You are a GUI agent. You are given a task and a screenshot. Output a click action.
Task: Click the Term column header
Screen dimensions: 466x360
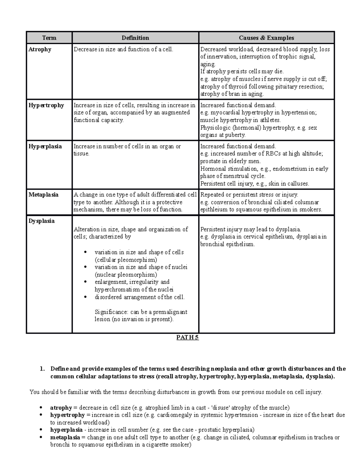click(x=49, y=38)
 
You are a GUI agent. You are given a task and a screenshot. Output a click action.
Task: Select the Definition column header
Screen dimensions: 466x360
click(x=135, y=38)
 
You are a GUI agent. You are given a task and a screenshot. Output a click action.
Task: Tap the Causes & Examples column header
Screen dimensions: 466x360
click(x=266, y=38)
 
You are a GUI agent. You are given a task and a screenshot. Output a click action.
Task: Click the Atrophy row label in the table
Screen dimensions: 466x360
click(x=40, y=49)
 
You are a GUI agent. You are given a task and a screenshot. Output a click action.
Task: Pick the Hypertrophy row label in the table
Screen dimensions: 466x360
click(x=46, y=105)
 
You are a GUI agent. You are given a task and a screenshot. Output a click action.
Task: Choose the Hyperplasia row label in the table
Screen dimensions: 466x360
click(x=45, y=146)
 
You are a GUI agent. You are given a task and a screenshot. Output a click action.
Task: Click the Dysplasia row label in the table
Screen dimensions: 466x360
click(x=41, y=221)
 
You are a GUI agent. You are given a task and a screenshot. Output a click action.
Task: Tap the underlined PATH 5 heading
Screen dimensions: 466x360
click(x=187, y=338)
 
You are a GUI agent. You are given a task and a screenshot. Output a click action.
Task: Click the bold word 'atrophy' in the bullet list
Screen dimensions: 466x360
click(x=61, y=408)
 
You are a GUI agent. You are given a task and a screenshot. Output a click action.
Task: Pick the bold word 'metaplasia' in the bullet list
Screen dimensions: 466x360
click(x=65, y=437)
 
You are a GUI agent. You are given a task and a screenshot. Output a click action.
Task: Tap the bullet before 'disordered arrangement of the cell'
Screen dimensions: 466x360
click(x=86, y=297)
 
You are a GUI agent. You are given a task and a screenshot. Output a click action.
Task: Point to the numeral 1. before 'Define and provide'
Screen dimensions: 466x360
click(x=42, y=369)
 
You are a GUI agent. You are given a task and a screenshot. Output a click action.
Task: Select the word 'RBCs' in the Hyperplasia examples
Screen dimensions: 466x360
click(x=272, y=154)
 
